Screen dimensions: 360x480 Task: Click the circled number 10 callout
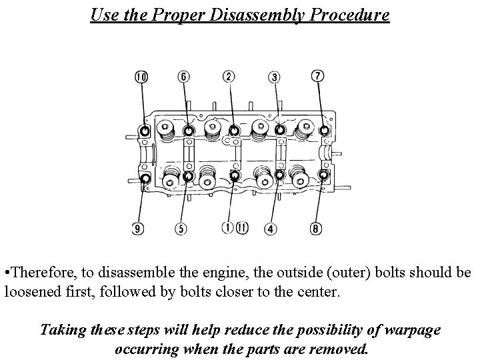coord(141,77)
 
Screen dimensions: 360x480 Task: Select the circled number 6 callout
coord(184,77)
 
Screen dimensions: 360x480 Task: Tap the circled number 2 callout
coord(229,77)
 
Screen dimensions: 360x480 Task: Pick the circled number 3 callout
coord(275,77)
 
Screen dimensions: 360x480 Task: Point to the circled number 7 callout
coord(318,77)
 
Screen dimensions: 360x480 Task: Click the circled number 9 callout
coord(137,229)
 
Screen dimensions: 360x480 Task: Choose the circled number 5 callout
coord(181,229)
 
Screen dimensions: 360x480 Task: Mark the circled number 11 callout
coord(241,228)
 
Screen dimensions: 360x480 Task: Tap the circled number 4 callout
coord(270,229)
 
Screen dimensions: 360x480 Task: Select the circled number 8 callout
coord(316,229)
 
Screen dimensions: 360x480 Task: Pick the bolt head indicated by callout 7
coord(325,130)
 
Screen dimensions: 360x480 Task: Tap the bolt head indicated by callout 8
coord(323,175)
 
